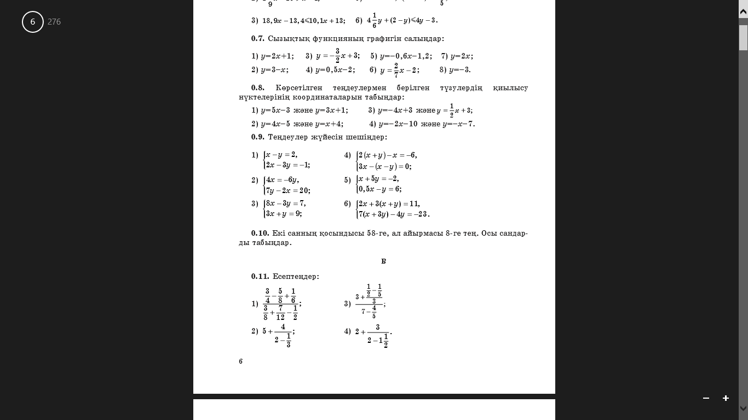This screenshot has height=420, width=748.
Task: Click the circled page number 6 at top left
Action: click(x=33, y=22)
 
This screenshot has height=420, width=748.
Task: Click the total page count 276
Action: click(x=54, y=22)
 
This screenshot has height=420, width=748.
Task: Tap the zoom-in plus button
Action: click(x=726, y=398)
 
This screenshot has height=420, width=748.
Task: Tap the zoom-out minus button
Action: click(x=706, y=398)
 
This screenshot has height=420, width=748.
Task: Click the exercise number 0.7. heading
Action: click(x=258, y=39)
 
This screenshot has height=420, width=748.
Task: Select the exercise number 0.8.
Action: click(x=258, y=87)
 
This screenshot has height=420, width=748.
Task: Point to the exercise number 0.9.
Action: click(x=258, y=137)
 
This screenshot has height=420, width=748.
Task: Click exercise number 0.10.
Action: click(x=260, y=234)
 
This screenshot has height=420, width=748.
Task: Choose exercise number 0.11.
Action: click(x=260, y=277)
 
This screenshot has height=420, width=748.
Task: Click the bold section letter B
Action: click(x=383, y=261)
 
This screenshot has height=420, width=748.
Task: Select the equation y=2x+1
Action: click(x=277, y=56)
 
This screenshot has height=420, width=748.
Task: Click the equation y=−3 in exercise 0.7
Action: click(x=459, y=70)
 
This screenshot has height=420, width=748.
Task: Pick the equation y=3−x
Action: click(x=274, y=70)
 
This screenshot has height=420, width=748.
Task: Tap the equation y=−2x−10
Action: click(x=398, y=124)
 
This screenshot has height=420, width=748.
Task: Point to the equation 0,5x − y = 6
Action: click(x=379, y=189)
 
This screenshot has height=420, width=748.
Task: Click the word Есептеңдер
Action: click(x=296, y=277)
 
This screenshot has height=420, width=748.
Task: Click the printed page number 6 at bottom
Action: click(x=240, y=361)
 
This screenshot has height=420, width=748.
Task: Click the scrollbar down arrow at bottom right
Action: click(x=743, y=408)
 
